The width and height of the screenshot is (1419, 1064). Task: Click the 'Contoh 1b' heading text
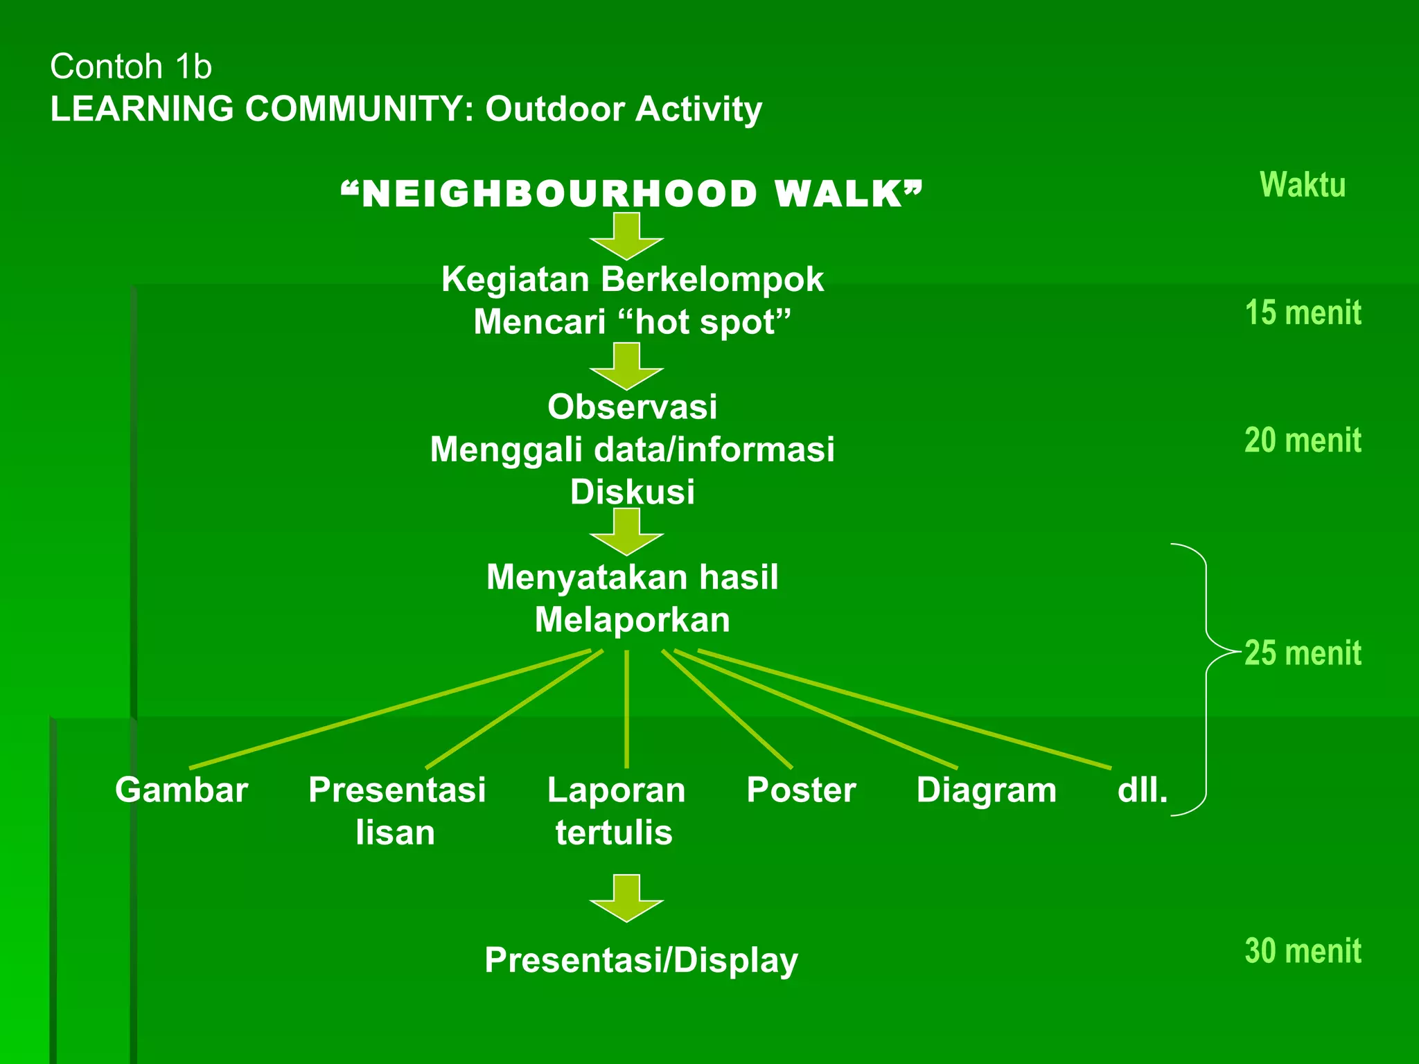pyautogui.click(x=131, y=66)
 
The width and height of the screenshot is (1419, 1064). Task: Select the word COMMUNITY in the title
pyautogui.click(x=359, y=109)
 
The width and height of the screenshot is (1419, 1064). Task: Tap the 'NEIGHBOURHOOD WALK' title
pyautogui.click(x=632, y=193)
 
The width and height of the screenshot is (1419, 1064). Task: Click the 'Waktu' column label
pyautogui.click(x=1303, y=185)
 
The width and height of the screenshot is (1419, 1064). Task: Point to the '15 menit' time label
pyautogui.click(x=1303, y=312)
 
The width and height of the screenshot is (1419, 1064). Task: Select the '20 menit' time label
pyautogui.click(x=1303, y=440)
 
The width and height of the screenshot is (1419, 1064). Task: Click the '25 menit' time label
pyautogui.click(x=1303, y=653)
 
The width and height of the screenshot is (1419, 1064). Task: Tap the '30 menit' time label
pyautogui.click(x=1303, y=950)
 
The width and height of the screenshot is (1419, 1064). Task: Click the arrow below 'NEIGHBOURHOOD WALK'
pyautogui.click(x=626, y=236)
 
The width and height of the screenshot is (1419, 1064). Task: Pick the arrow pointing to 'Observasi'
pyautogui.click(x=626, y=366)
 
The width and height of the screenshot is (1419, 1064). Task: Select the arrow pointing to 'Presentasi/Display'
pyautogui.click(x=626, y=898)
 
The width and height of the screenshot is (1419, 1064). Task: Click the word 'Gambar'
pyautogui.click(x=182, y=790)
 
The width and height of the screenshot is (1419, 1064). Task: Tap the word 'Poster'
pyautogui.click(x=801, y=790)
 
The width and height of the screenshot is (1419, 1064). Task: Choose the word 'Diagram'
pyautogui.click(x=987, y=790)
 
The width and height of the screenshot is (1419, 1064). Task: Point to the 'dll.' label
pyautogui.click(x=1143, y=790)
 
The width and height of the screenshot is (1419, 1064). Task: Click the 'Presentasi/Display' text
pyautogui.click(x=641, y=960)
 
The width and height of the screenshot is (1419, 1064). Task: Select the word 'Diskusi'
pyautogui.click(x=632, y=492)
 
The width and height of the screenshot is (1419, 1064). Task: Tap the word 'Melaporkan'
pyautogui.click(x=632, y=620)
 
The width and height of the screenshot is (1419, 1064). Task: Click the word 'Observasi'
pyautogui.click(x=632, y=407)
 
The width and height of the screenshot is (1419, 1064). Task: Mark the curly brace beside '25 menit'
pyautogui.click(x=1206, y=679)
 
